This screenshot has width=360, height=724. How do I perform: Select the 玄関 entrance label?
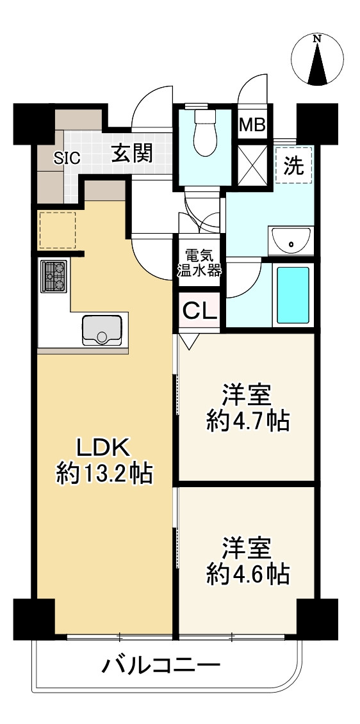[x=132, y=154]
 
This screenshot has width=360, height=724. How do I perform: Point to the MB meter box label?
[x=252, y=125]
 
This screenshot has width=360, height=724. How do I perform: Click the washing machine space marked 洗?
[x=294, y=165]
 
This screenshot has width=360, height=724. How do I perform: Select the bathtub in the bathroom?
[x=292, y=295]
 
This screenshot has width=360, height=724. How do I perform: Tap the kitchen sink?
[x=101, y=330]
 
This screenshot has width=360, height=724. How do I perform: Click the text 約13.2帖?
[x=104, y=473]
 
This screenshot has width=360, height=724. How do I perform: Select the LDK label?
[x=104, y=446]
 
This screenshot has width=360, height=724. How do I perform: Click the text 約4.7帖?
[x=247, y=421]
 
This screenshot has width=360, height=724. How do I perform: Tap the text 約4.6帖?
[x=247, y=574]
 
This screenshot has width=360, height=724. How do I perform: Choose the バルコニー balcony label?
[x=161, y=666]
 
